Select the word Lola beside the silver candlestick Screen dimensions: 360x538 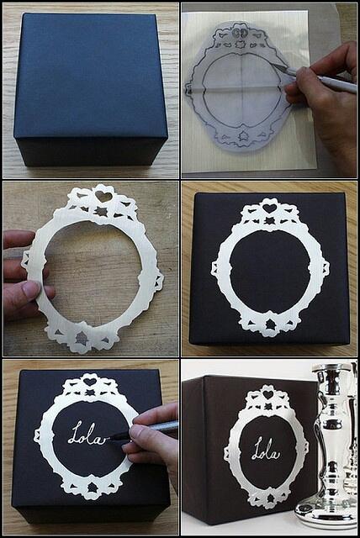(x=265, y=449)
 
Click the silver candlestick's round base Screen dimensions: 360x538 (x=326, y=513)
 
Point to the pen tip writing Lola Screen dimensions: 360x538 (x=109, y=438)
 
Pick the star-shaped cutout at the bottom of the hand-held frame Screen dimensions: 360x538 (x=82, y=338)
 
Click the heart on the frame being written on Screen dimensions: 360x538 (x=90, y=381)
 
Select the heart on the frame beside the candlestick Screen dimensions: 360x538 (x=268, y=394)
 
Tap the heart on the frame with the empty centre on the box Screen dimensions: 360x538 (x=269, y=208)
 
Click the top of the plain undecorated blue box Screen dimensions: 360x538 (x=87, y=76)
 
